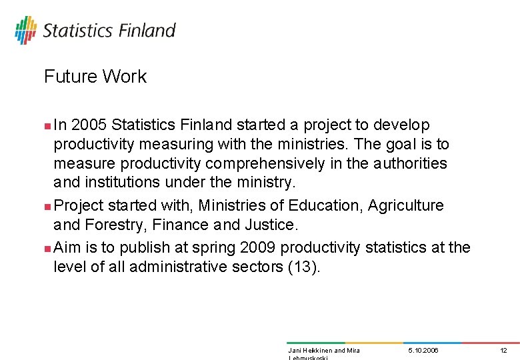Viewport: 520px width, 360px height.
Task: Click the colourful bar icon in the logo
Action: tap(25, 30)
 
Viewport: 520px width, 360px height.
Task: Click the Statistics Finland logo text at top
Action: tap(109, 31)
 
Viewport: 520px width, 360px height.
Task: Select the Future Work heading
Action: tap(95, 77)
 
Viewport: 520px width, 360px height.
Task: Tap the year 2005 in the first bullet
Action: tap(89, 125)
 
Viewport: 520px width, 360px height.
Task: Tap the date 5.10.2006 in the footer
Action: tap(423, 350)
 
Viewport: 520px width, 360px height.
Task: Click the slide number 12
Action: tap(503, 350)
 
